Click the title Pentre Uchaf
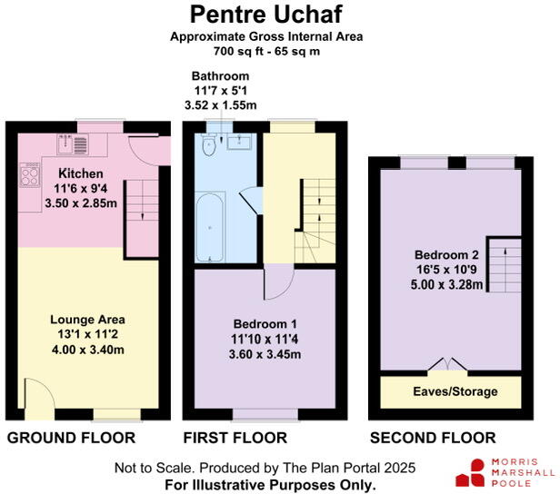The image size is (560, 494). coord(279,15)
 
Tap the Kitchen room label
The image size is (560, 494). coord(81,173)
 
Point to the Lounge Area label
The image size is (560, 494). coord(87,319)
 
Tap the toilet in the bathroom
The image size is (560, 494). coord(208,145)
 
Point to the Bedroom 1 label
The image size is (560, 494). coord(265,324)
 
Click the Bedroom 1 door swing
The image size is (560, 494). coord(275,284)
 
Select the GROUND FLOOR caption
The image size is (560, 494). coord(71,438)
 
